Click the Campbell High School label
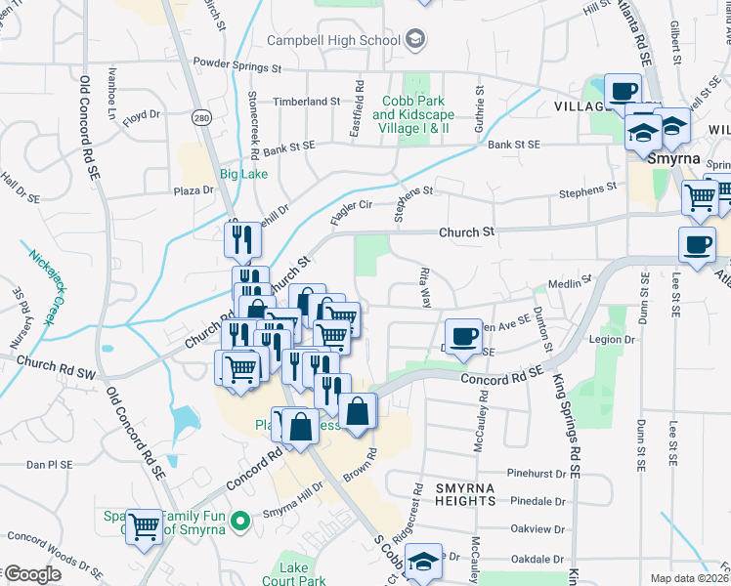point(334,40)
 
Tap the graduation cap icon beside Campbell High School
point(415,40)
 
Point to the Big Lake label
point(242,174)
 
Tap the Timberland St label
point(306,101)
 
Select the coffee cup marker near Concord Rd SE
point(464,337)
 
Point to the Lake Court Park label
point(293,574)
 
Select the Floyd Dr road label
point(141,115)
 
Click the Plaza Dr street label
point(165,191)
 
